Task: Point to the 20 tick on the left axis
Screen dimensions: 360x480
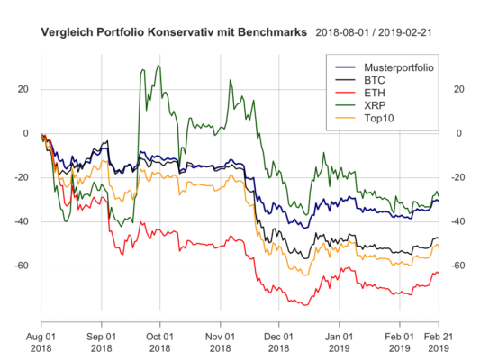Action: tap(24, 89)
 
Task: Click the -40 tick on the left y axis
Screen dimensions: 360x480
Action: tap(22, 221)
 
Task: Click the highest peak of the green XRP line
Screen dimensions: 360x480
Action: tap(158, 66)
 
